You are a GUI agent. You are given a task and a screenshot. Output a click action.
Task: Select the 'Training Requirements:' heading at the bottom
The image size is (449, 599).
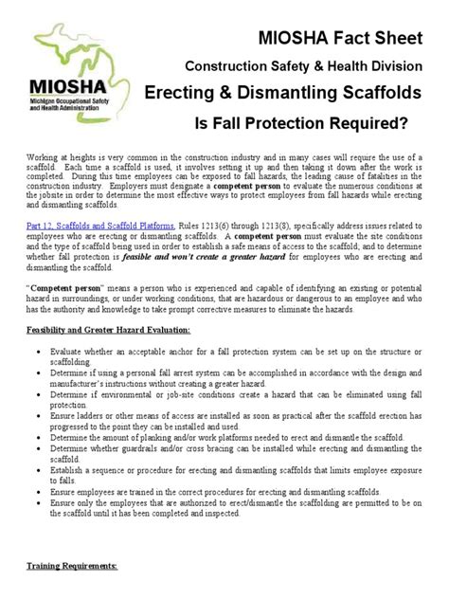click(64, 566)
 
